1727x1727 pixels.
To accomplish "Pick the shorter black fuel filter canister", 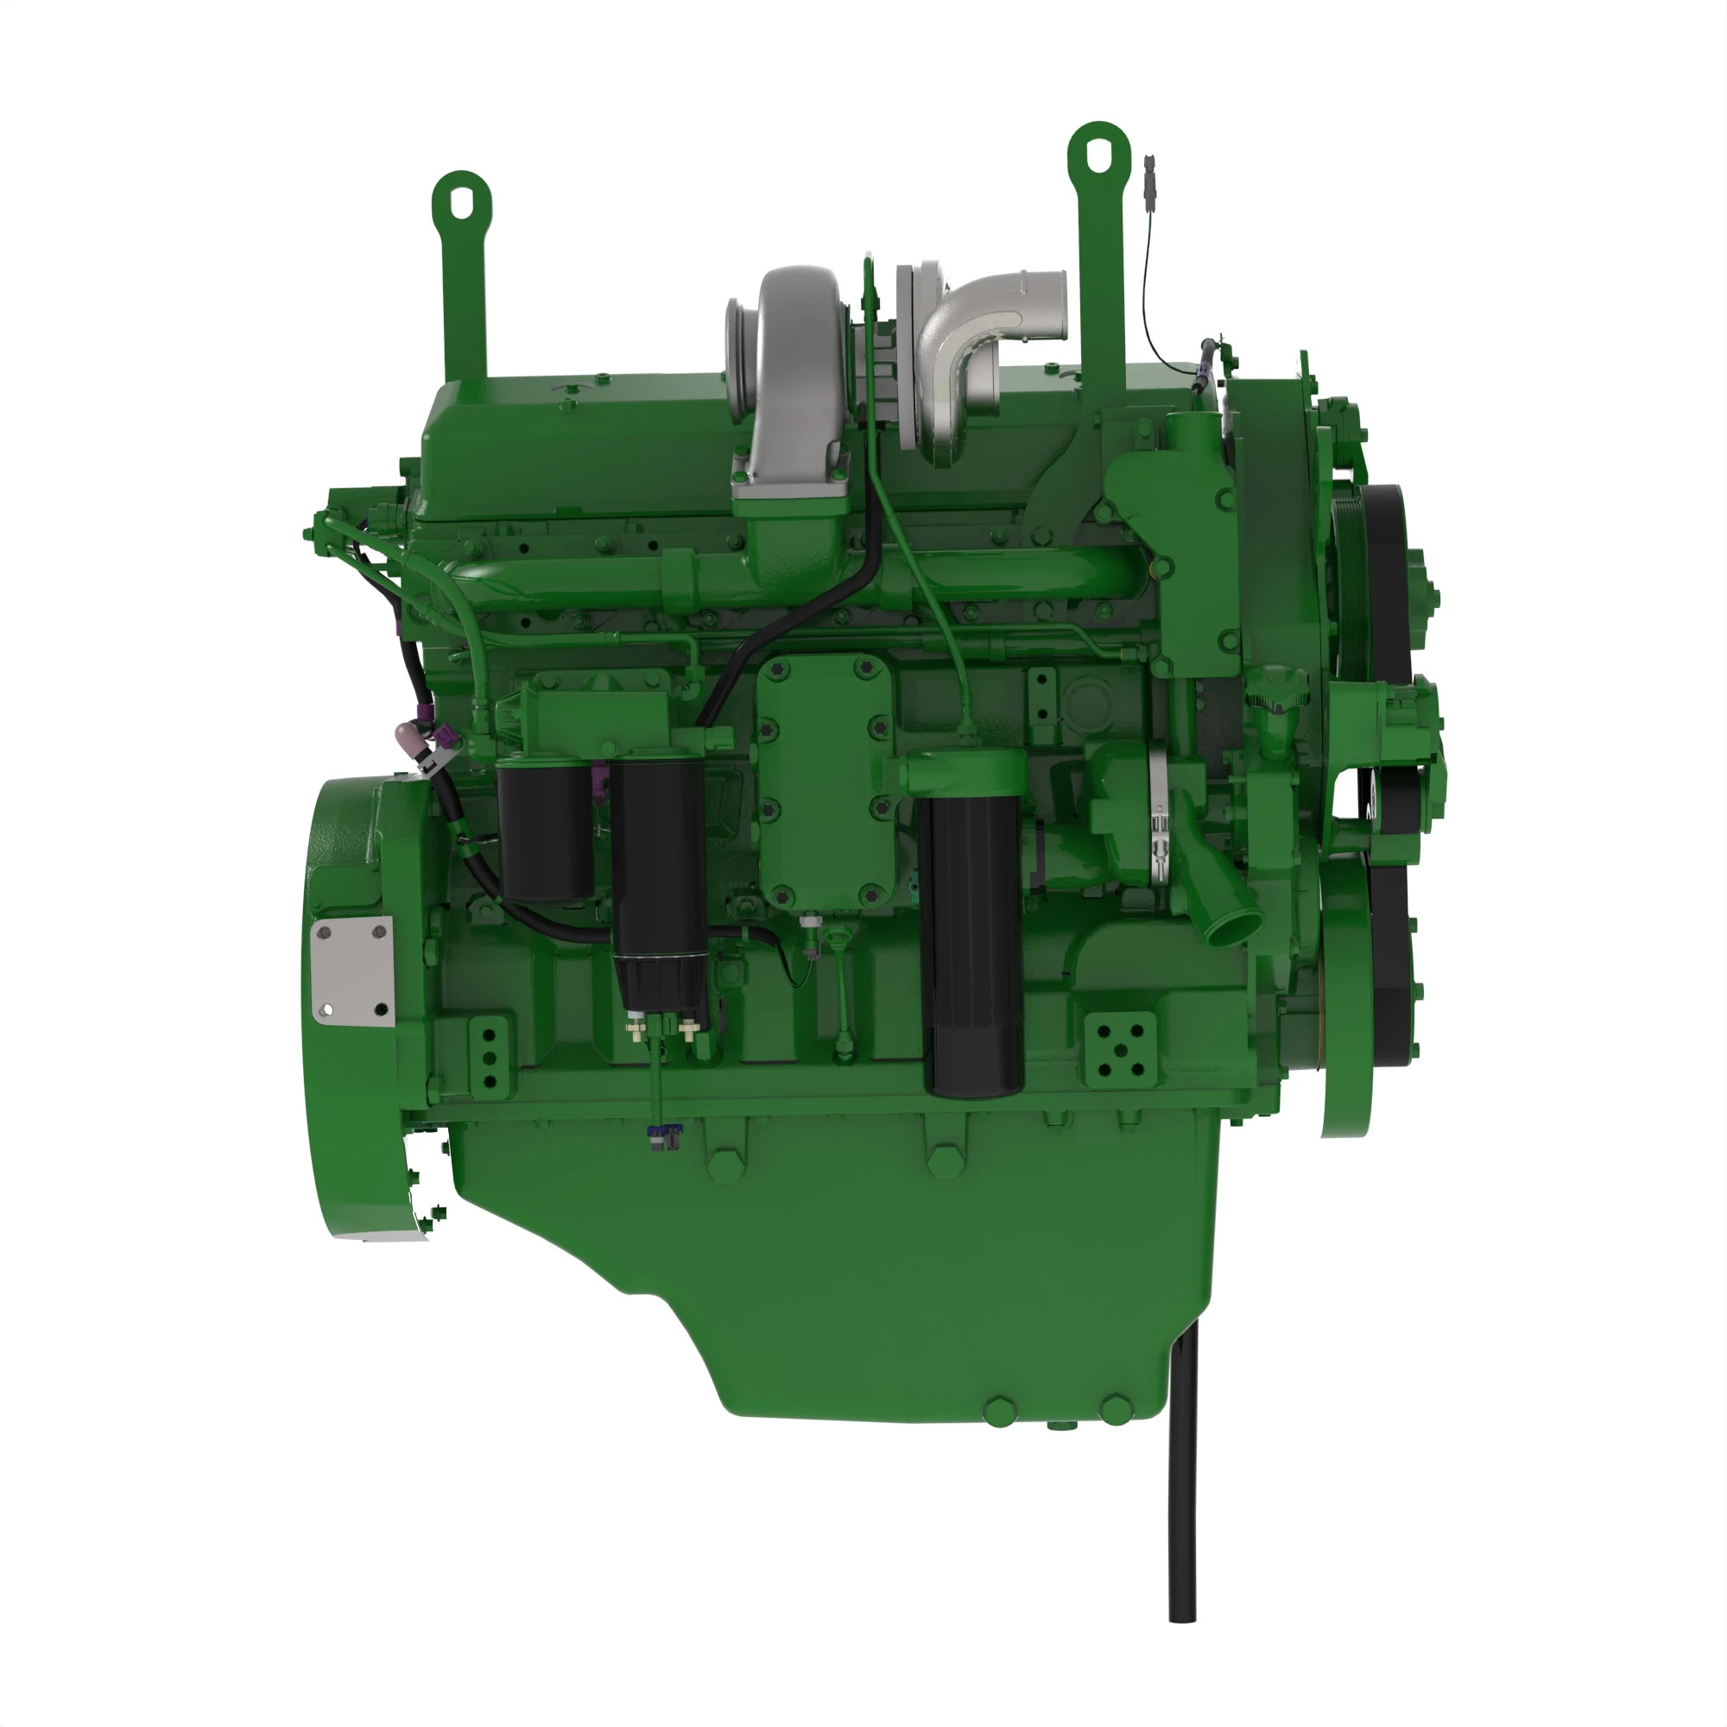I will [544, 832].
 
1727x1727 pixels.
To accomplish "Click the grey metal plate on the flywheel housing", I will [353, 970].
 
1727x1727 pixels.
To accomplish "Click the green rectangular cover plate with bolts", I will [824, 782].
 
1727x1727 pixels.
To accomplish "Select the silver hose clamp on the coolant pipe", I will [1160, 818].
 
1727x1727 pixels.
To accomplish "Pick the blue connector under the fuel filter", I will [663, 1136].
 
